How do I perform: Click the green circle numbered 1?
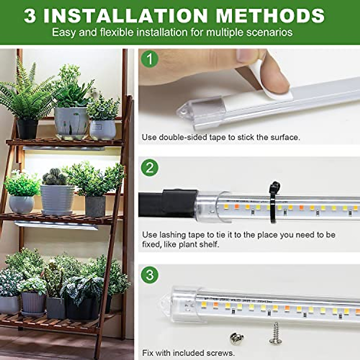pyautogui.click(x=149, y=59)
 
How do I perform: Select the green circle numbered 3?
pyautogui.click(x=149, y=274)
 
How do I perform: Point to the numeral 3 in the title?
pyautogui.click(x=30, y=16)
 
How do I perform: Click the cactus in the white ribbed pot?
pyautogui.click(x=55, y=177)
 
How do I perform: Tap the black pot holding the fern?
pyautogui.click(x=27, y=129)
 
